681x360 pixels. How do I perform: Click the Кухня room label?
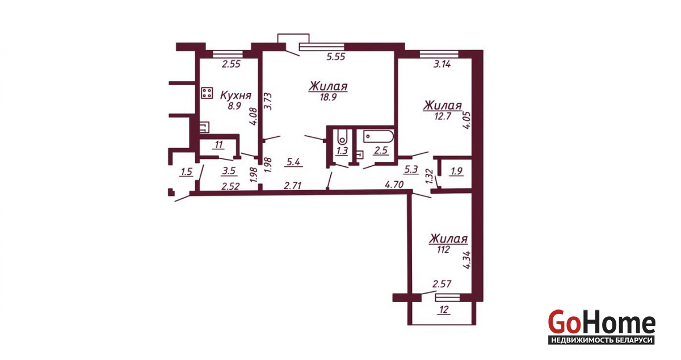click(x=236, y=95)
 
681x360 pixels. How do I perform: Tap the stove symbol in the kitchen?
click(x=207, y=93)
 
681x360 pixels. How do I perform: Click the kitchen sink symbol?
click(x=204, y=127)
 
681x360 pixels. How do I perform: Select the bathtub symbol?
click(x=378, y=136)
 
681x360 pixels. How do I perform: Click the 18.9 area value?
click(x=329, y=97)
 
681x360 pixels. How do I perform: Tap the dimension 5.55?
click(x=335, y=57)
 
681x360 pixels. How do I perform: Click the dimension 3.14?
click(x=442, y=64)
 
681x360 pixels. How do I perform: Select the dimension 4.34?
click(x=466, y=259)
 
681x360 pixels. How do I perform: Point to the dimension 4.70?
click(x=394, y=185)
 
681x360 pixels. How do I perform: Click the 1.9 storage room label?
click(x=457, y=171)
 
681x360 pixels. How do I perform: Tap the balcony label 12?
click(x=444, y=310)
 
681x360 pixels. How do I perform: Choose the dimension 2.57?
click(x=442, y=284)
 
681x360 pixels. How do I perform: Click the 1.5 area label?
click(x=186, y=172)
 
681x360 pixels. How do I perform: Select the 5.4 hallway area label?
click(x=293, y=162)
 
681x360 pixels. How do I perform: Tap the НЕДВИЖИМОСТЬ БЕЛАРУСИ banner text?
click(x=602, y=340)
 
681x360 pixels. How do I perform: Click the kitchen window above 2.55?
click(x=228, y=54)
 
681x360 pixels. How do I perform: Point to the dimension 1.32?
click(x=429, y=176)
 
